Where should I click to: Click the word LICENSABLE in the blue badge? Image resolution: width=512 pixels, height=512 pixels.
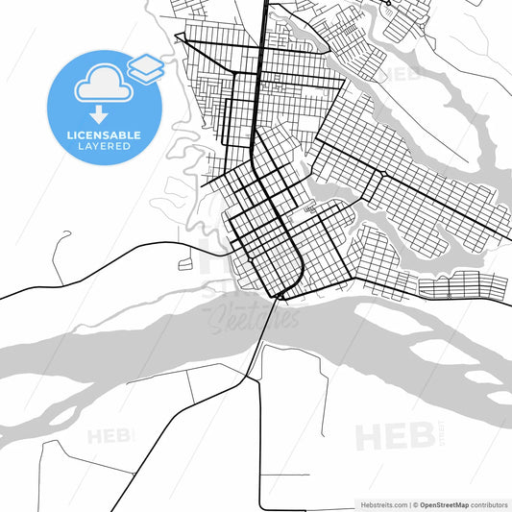click(105, 135)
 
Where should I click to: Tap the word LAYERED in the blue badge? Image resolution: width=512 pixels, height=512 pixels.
click(105, 146)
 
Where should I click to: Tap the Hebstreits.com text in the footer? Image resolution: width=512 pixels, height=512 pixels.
click(384, 504)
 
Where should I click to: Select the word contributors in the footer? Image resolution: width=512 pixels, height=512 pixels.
click(489, 504)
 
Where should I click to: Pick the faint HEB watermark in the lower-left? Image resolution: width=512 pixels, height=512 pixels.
click(110, 437)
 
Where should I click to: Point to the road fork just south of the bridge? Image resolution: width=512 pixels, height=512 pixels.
click(257, 378)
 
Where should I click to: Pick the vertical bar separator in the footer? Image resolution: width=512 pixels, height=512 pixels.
click(410, 504)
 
